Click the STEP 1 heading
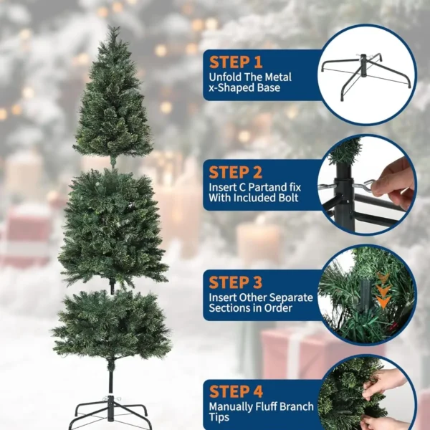tap(236, 62)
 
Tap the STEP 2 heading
tap(236, 173)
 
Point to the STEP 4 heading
tap(236, 392)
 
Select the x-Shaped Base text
tap(244, 88)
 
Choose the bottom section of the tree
tap(111, 326)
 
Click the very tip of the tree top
tap(113, 29)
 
